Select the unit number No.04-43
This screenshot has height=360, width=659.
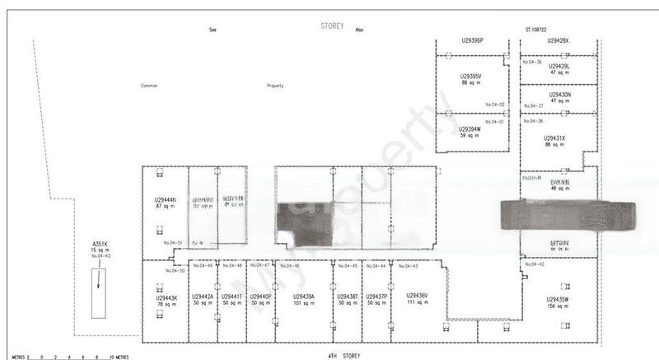pyautogui.click(x=409, y=265)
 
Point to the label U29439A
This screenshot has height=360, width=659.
pyautogui.click(x=303, y=296)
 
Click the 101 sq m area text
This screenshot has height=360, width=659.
pyautogui.click(x=303, y=302)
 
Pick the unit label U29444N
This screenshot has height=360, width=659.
pyautogui.click(x=166, y=200)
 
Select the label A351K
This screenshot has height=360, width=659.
pyautogui.click(x=100, y=244)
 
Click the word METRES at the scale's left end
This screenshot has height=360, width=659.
pyautogui.click(x=14, y=358)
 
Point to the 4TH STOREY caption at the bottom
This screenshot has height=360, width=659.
pyautogui.click(x=344, y=355)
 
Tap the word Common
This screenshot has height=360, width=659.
pyautogui.click(x=149, y=86)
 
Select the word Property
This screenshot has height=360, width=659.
pyautogui.click(x=275, y=86)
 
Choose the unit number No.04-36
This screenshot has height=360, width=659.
pyautogui.click(x=532, y=61)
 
